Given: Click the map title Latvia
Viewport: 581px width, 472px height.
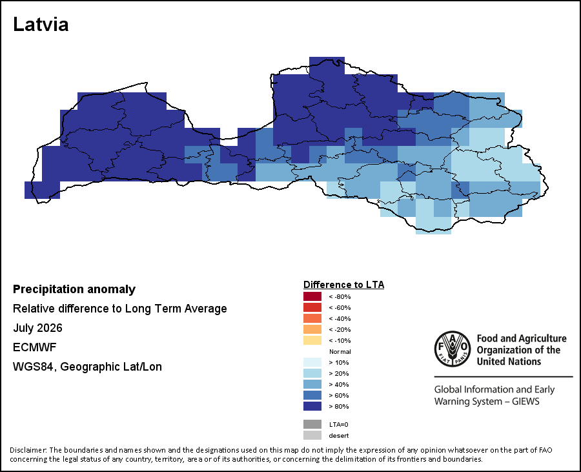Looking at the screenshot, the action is point(41,25).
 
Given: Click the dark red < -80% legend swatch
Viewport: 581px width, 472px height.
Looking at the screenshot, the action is point(312,296).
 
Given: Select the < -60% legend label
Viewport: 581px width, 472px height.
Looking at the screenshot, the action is point(340,307).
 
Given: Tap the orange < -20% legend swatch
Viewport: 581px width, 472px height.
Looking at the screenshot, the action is point(312,329).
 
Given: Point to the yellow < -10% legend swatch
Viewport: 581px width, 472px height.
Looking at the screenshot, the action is point(312,340).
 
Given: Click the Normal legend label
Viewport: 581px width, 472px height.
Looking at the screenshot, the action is point(340,352).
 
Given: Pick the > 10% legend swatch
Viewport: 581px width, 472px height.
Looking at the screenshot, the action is point(312,362).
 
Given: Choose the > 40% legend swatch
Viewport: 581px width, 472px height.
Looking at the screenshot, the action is point(312,384).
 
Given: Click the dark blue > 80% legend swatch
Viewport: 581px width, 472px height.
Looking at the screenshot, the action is point(312,406).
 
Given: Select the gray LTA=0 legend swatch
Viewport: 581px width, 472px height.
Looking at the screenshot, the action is point(312,424).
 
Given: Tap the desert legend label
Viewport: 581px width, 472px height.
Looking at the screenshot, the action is point(339,436).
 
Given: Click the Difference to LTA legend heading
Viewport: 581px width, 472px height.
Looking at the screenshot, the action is point(343,285).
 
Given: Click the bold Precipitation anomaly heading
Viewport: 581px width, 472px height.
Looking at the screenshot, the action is point(74,289).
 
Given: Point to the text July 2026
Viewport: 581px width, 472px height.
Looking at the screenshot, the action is point(37,328).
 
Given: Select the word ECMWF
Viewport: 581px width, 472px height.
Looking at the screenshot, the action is point(34,347).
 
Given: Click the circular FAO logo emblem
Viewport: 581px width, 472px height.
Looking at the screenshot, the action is point(453,349).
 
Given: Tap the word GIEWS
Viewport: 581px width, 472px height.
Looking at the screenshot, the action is point(525,401).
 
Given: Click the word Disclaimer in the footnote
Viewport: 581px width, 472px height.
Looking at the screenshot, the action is point(28,450).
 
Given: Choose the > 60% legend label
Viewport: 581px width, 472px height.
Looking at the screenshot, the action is point(339,395).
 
